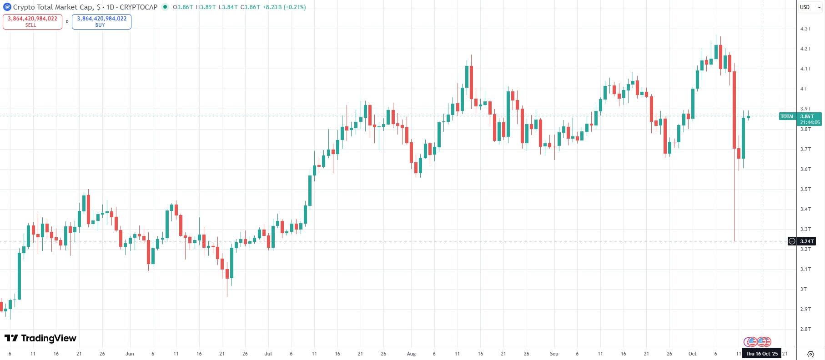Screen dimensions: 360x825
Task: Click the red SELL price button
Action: point(32,21)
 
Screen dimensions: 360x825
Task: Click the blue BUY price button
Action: point(101,21)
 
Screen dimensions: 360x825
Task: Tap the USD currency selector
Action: point(805,7)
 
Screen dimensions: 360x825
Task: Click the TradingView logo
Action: point(40,338)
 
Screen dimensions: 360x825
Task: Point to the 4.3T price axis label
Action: point(805,29)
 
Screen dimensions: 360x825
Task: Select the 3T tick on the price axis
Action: point(804,289)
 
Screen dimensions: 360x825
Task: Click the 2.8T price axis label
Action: point(805,329)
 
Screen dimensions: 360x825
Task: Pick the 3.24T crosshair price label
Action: point(806,241)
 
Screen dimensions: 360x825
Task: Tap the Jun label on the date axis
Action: point(130,354)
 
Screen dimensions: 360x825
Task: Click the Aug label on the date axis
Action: point(411,354)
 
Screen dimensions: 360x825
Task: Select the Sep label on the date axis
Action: point(554,354)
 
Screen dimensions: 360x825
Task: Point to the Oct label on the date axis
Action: point(692,354)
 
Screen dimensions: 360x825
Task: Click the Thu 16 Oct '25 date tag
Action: point(762,354)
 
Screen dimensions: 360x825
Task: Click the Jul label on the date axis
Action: point(268,354)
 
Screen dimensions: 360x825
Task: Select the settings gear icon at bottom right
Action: point(810,354)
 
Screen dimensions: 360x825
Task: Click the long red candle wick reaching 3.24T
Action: point(734,205)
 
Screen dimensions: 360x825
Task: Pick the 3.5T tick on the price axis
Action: point(805,189)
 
